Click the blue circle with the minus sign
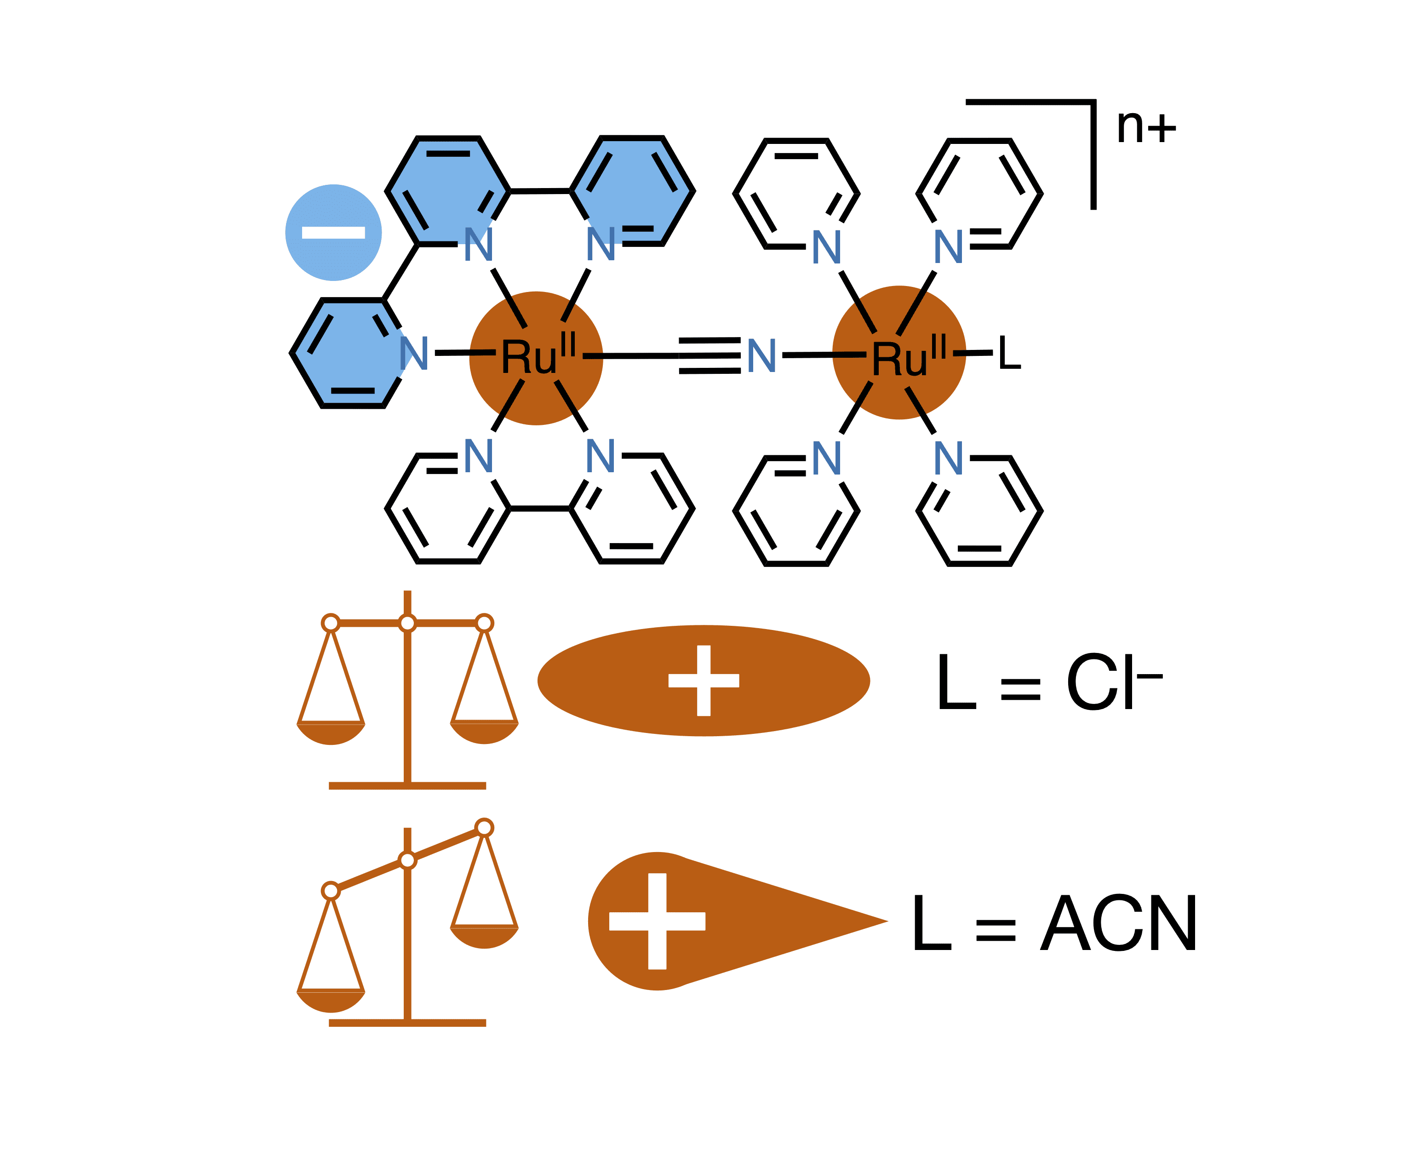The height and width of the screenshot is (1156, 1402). point(333,232)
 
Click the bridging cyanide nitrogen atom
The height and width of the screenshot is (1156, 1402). point(761,355)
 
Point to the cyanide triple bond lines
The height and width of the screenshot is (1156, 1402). point(709,355)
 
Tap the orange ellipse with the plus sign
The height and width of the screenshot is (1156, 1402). point(703,681)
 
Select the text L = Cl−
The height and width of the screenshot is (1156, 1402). point(1048,682)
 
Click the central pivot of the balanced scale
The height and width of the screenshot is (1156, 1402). point(407,623)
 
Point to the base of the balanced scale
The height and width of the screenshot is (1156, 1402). point(407,786)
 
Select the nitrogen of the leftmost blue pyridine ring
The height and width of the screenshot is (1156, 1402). point(413,353)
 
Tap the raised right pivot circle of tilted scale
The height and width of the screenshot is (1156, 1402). point(484,828)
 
